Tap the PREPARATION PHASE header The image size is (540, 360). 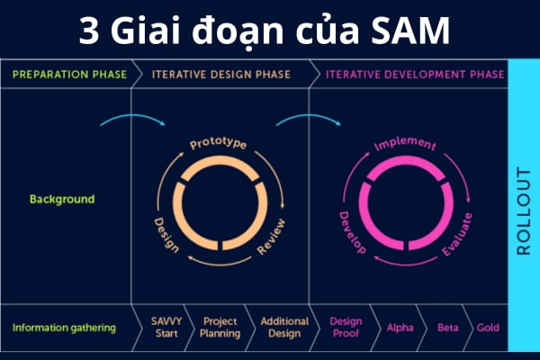66,74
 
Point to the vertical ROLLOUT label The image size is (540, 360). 524,211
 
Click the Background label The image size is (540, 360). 61,199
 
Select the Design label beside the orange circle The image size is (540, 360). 165,235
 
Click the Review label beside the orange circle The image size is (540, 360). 271,236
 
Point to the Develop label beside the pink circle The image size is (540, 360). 351,232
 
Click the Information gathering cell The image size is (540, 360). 64,328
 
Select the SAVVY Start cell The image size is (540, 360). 166,328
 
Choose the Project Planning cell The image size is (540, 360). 220,328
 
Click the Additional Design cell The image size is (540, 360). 283,328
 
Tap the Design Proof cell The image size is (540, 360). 346,328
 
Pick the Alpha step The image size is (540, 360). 400,328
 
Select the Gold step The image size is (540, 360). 488,328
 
